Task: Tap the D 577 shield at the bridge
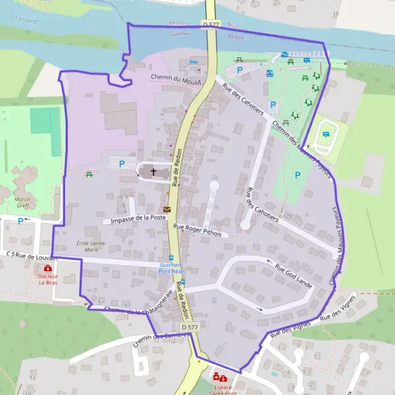210,24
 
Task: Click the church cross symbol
154,172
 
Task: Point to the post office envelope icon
167,210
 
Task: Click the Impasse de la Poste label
138,219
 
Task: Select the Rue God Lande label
293,275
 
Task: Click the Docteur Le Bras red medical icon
47,268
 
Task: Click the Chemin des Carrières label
161,338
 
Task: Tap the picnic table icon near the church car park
89,174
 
